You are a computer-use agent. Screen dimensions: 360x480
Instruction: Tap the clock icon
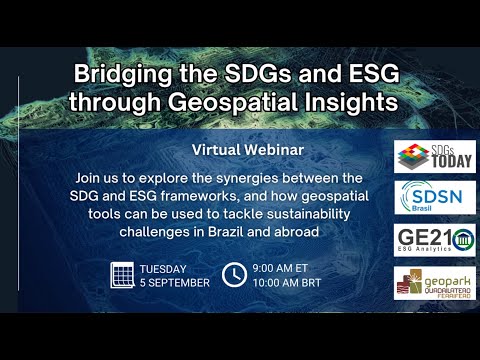[x=233, y=274]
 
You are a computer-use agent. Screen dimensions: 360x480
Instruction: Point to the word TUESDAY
[x=167, y=267]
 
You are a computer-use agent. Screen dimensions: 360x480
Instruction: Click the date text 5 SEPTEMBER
[x=174, y=282]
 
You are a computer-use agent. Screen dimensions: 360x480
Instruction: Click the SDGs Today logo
[x=420, y=156]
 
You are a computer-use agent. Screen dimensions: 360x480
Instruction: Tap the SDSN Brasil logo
[x=420, y=198]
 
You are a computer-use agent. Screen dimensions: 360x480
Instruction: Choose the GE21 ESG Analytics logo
[x=420, y=241]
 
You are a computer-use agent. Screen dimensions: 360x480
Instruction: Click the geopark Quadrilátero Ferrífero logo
[x=420, y=284]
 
